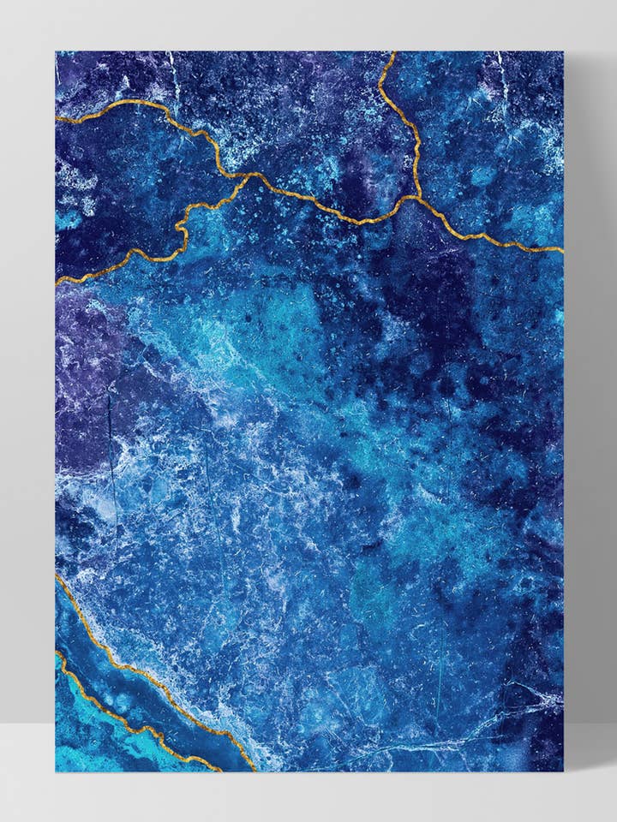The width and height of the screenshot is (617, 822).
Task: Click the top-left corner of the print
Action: (56, 51)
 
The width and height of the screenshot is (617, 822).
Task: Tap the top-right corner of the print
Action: (564, 51)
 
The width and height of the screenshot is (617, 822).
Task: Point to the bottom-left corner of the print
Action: (56, 771)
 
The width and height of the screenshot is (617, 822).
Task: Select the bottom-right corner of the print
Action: (564, 771)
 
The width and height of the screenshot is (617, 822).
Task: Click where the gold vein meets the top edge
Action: (393, 52)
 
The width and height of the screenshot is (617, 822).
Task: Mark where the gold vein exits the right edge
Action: (562, 250)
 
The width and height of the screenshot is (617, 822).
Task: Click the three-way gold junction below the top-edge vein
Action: (412, 198)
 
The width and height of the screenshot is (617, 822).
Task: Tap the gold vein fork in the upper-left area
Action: (249, 176)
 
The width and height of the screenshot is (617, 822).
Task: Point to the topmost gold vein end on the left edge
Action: (57, 120)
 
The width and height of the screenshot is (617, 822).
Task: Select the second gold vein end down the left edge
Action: (57, 283)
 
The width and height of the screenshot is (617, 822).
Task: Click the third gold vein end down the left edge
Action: (57, 576)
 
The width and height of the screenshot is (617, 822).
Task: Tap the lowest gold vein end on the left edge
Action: (57, 653)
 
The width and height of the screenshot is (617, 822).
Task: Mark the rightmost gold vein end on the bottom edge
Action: (255, 770)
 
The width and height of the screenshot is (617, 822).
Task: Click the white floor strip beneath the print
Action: (308, 796)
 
